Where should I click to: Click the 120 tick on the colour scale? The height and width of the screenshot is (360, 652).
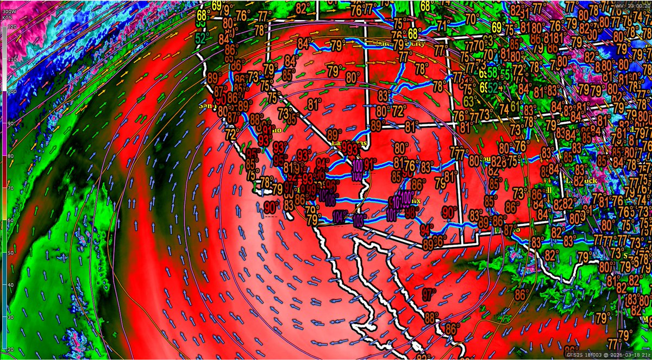[10, 27]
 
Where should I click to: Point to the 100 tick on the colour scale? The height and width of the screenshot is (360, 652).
[10, 91]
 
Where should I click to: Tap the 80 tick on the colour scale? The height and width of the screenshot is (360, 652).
[10, 156]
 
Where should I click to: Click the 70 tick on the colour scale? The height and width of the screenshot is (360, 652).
[10, 188]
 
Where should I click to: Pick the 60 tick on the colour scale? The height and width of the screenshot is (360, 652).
[10, 220]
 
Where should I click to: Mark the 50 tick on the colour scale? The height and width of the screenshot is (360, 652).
[10, 252]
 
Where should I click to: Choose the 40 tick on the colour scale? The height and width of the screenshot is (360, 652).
[10, 285]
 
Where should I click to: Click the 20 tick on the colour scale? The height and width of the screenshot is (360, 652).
[10, 349]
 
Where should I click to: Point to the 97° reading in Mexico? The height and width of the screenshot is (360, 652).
[429, 295]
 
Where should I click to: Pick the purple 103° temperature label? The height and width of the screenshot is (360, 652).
[359, 220]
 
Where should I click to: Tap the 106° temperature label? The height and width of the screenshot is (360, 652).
[330, 199]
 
